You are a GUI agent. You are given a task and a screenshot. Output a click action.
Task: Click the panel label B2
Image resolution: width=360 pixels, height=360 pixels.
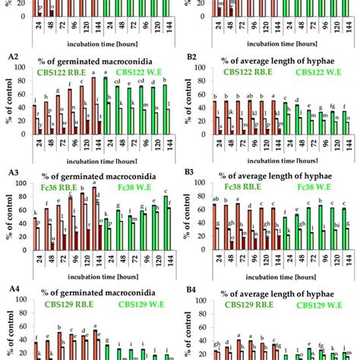(192, 58)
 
